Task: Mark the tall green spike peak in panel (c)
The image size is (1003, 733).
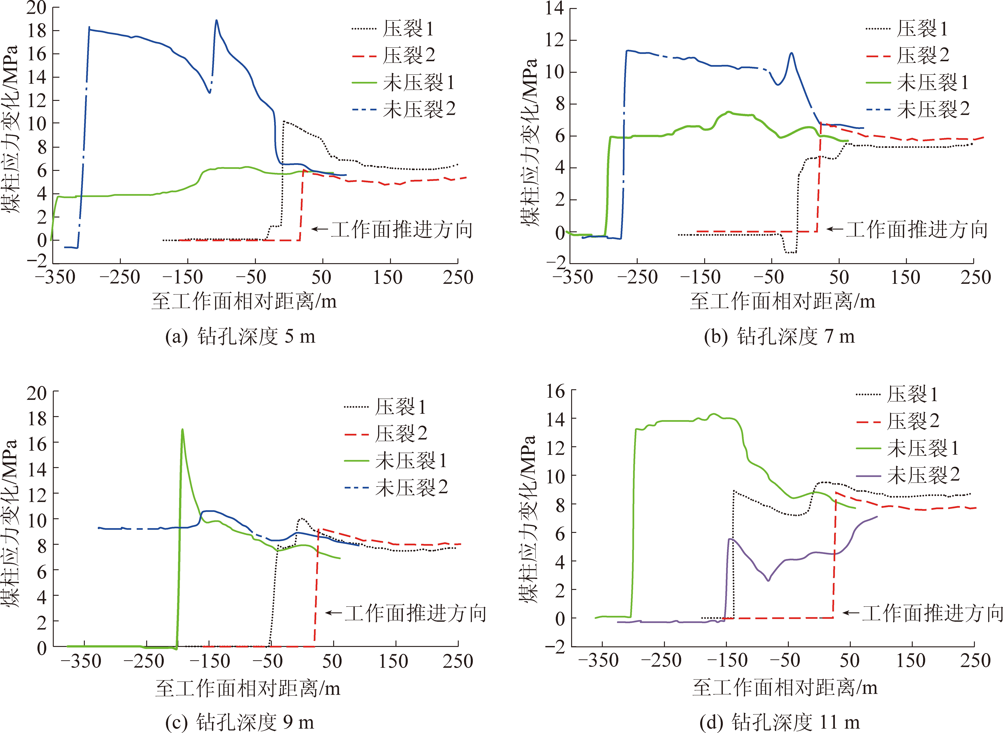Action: [x=182, y=429]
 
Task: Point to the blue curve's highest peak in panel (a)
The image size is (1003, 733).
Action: [x=216, y=20]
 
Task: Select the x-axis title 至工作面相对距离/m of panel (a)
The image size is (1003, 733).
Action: [x=244, y=302]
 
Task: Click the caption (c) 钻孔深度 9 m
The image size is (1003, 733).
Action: [x=240, y=722]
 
